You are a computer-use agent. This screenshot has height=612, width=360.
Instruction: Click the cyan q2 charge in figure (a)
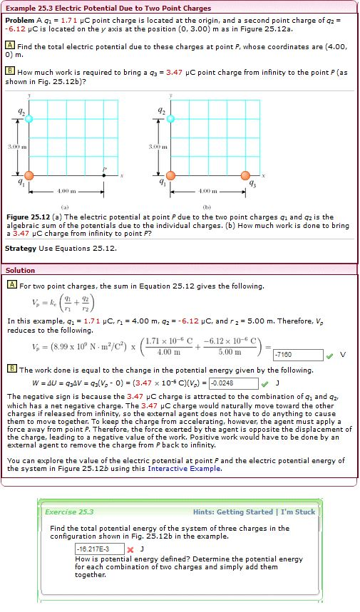pos(29,118)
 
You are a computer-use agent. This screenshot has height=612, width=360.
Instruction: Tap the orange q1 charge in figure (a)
pos(29,175)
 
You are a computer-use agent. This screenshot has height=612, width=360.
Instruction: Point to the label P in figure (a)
pos(104,169)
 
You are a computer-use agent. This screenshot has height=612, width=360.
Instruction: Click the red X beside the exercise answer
pos(130,549)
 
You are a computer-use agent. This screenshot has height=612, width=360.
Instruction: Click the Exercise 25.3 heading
pos(69,512)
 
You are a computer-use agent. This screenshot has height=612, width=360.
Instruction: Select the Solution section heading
pos(20,270)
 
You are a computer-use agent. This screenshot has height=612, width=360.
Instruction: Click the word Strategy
pos(20,248)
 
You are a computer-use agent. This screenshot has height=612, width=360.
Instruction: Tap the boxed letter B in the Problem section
pos(11,71)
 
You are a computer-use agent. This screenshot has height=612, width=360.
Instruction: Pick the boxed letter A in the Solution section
pos(11,286)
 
